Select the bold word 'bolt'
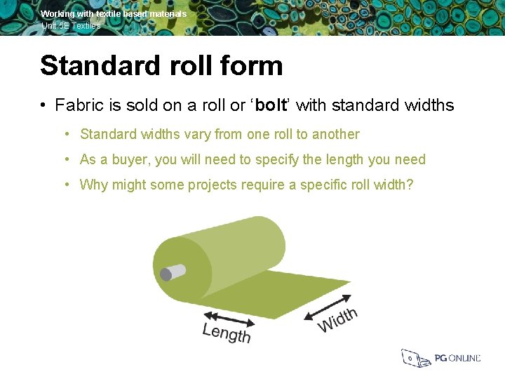tap(271, 106)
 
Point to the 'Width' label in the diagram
tap(337, 319)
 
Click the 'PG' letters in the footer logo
tap(440, 359)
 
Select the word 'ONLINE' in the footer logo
tap(465, 359)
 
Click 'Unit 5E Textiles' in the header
tap(70, 26)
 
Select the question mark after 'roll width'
tap(410, 185)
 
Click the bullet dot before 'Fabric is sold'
tap(43, 106)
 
